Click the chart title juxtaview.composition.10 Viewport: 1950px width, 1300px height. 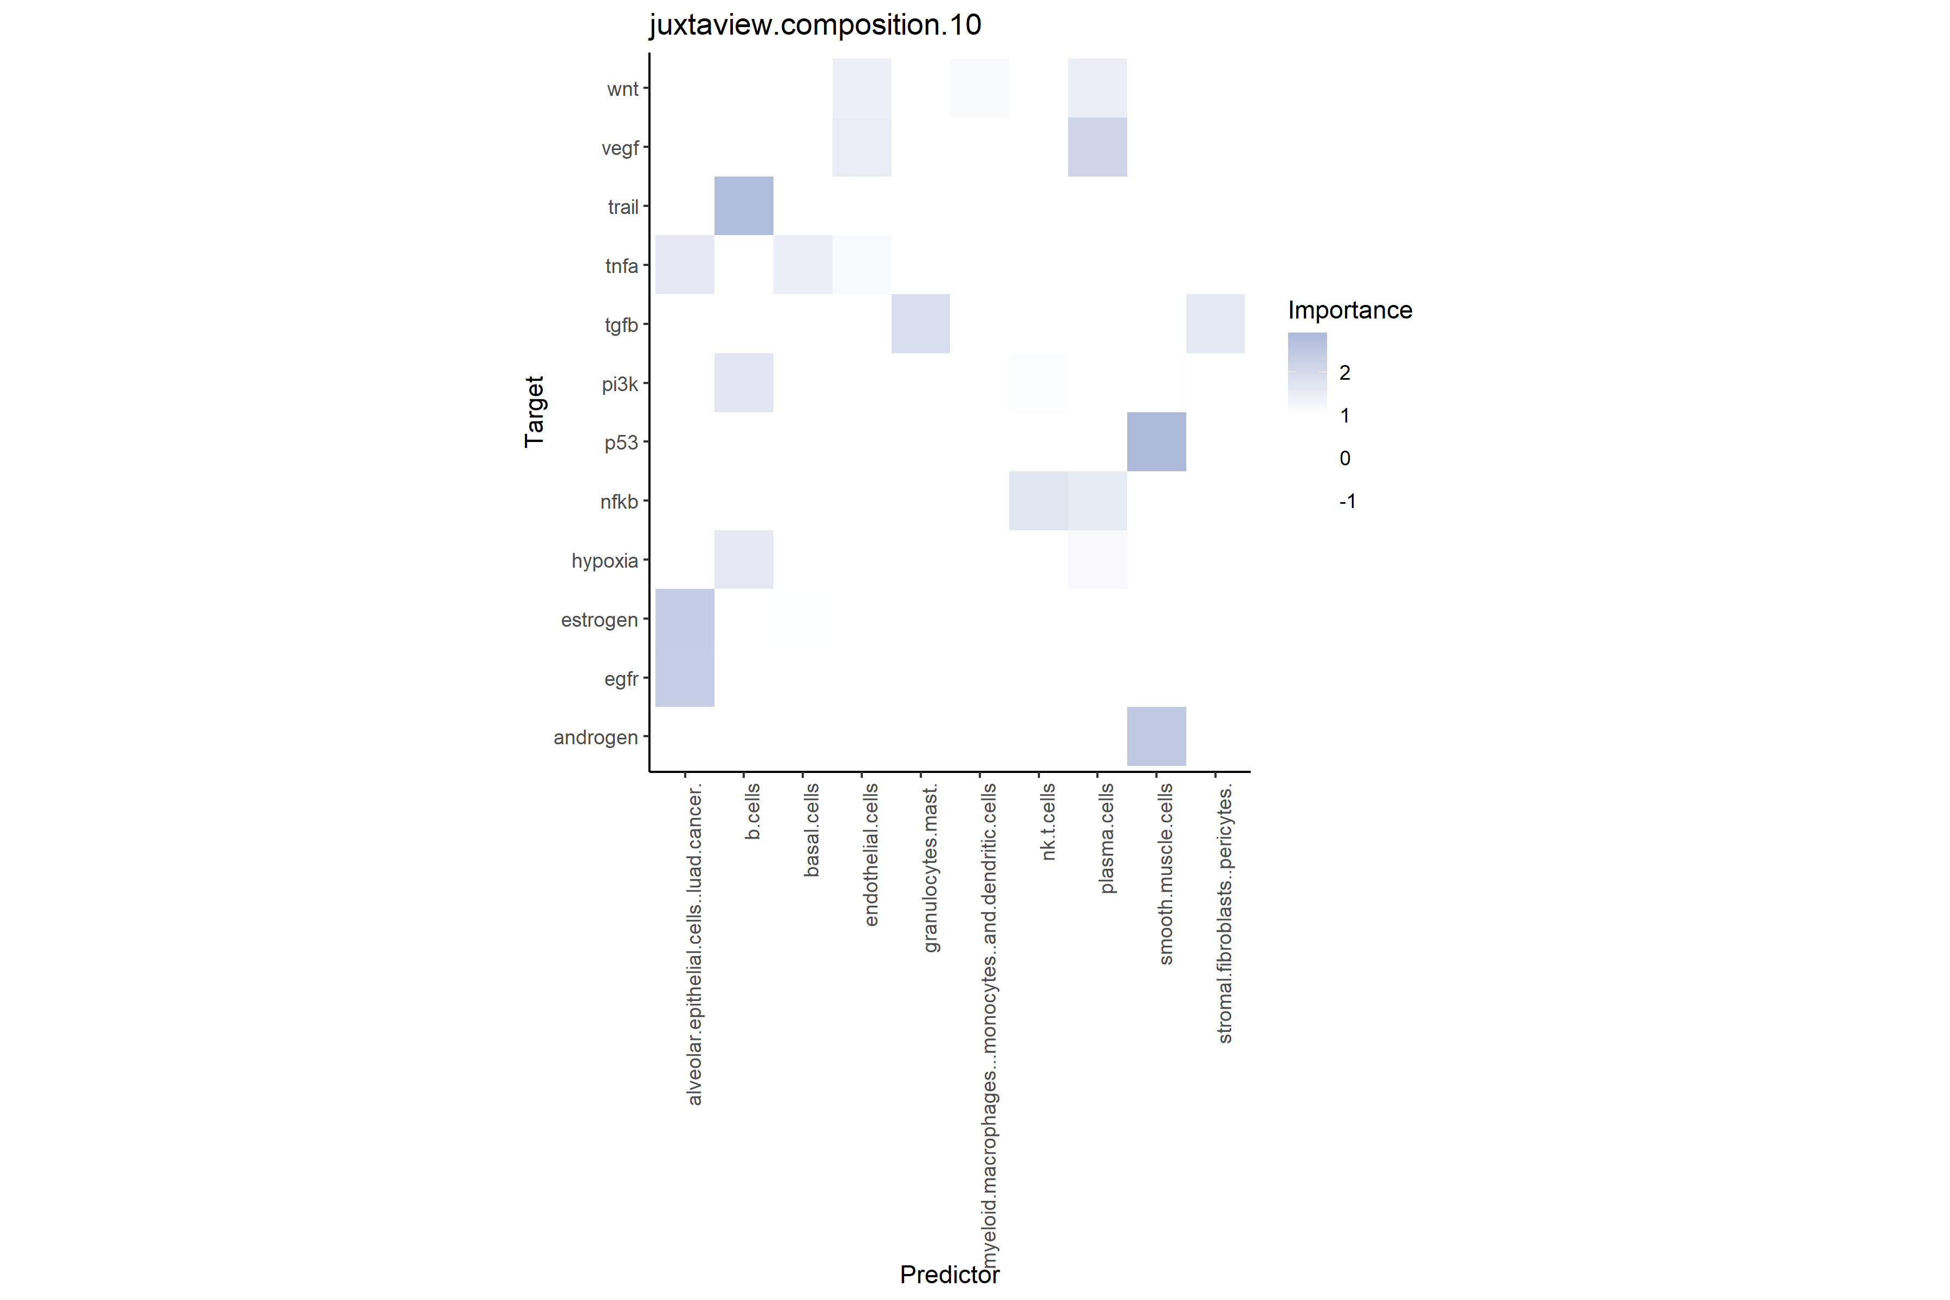click(x=815, y=25)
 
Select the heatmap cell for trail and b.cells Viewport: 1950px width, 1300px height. click(x=744, y=206)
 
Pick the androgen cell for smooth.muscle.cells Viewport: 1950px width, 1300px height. click(x=1156, y=736)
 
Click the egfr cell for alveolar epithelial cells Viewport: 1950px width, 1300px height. click(x=684, y=678)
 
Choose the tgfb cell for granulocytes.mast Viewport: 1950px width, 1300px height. click(x=920, y=323)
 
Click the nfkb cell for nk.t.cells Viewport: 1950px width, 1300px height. click(x=1038, y=500)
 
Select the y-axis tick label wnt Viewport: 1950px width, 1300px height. click(x=622, y=89)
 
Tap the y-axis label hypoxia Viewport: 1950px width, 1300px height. click(x=604, y=561)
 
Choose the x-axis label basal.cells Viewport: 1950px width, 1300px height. click(x=811, y=830)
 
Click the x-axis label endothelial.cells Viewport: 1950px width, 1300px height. click(x=870, y=855)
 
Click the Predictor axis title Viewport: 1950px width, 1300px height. click(x=950, y=1275)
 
